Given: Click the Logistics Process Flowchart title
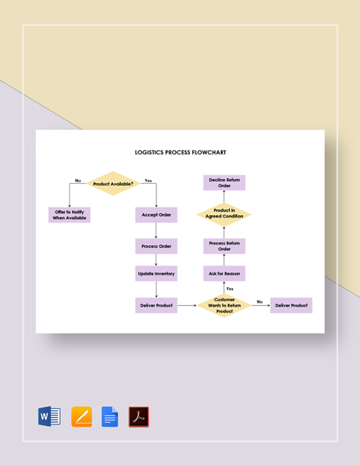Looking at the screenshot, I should (180, 152).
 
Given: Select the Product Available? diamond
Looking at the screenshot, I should (113, 184).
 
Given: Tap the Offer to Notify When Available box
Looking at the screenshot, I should (70, 215).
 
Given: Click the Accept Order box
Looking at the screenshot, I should (156, 215).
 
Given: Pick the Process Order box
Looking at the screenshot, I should (156, 246).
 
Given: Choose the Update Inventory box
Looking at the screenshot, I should (156, 273).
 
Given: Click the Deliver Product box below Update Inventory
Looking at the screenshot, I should (156, 305).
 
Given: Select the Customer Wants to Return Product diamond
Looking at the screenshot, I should (224, 306).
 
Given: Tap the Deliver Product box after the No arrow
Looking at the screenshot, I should (291, 305).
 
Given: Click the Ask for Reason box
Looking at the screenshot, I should (224, 273).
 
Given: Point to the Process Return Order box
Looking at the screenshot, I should (224, 246).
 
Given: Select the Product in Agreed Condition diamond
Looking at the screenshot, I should (224, 215).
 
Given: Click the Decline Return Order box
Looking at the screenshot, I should (224, 182).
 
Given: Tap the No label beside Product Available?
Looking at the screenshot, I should (79, 180).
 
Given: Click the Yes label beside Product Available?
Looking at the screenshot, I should (148, 180).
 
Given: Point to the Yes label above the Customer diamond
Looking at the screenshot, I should (230, 289).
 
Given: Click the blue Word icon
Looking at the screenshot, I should (49, 417).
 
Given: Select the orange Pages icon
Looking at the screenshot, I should (81, 417).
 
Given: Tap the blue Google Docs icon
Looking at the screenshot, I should (110, 417).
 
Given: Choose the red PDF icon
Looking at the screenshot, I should (139, 417).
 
